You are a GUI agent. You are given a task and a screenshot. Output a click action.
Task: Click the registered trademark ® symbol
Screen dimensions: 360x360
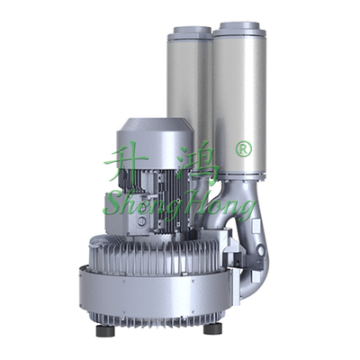click(x=243, y=148)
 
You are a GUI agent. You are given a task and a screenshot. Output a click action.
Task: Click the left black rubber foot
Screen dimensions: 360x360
click(x=105, y=330)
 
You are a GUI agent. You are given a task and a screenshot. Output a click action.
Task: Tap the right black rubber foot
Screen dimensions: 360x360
click(x=212, y=328)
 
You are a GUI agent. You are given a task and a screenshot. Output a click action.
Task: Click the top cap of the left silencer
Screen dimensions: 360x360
click(x=189, y=33)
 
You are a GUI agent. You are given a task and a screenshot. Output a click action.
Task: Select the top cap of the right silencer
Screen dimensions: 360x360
click(x=239, y=28)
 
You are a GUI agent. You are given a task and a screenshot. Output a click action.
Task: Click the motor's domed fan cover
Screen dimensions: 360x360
click(x=154, y=141)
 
